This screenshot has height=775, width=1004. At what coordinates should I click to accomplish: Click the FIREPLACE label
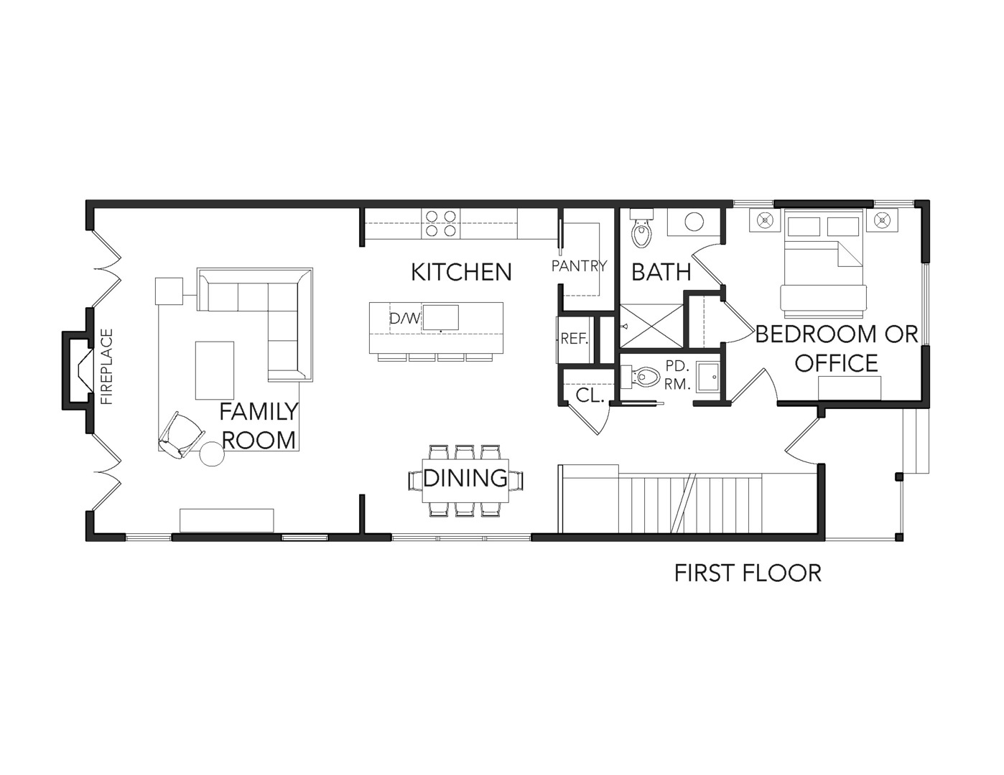pos(107,367)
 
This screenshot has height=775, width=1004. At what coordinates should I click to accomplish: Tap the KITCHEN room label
pos(461,272)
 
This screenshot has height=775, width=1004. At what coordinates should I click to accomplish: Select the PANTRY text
pos(579,266)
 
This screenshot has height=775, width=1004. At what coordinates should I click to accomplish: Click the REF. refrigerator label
pos(574,339)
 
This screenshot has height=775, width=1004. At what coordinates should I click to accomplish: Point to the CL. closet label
pos(590,395)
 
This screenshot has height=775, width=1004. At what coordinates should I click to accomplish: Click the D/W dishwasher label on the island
pos(404,318)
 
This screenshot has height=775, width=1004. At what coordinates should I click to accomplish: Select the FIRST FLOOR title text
pos(748,573)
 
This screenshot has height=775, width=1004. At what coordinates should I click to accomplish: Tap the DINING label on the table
pos(465,478)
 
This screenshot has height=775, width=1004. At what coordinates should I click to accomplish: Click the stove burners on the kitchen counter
pos(441,222)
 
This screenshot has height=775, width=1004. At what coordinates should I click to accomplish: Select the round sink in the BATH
pos(693,222)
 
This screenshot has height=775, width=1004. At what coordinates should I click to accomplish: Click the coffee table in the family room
pos(215,370)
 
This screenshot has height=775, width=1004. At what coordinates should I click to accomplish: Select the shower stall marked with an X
pos(651,327)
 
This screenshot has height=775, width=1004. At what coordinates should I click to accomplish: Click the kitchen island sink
pos(441,317)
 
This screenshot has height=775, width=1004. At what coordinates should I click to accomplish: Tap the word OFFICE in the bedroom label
pos(836,363)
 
